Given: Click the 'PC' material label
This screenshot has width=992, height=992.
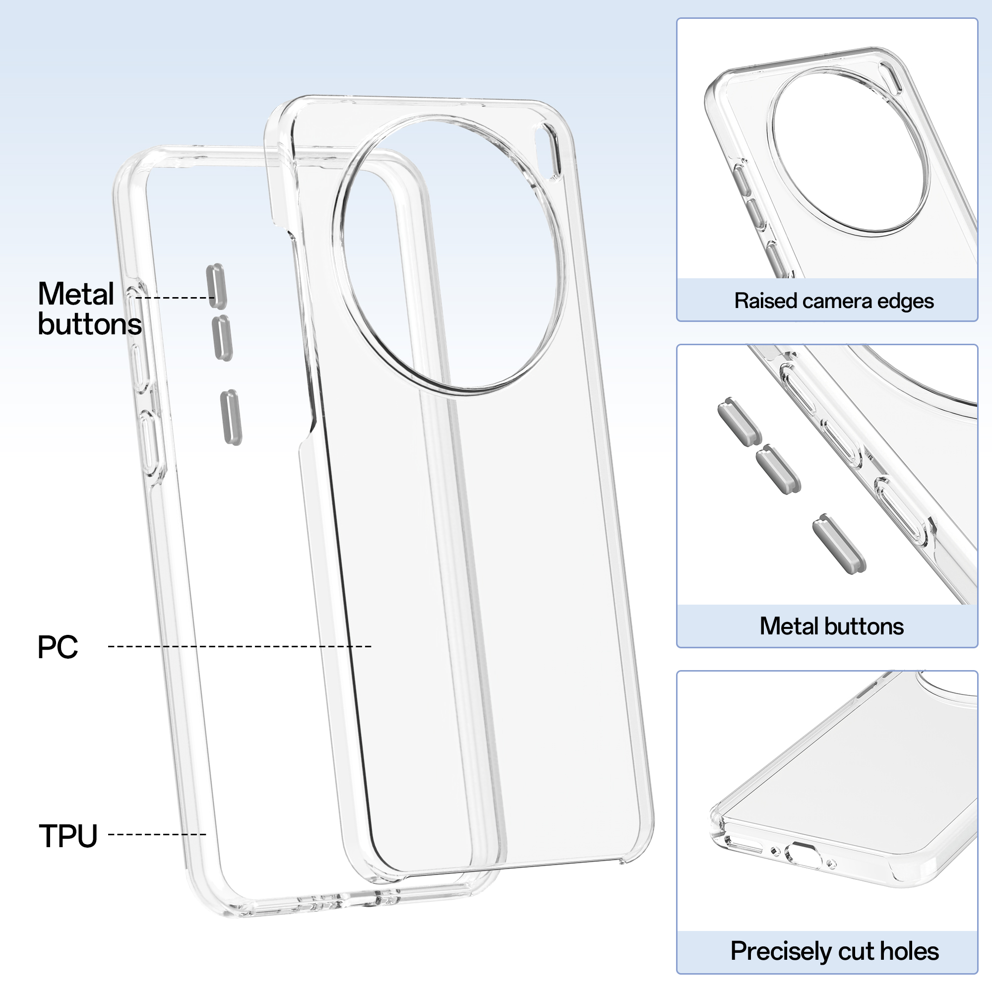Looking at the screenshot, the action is (x=58, y=647).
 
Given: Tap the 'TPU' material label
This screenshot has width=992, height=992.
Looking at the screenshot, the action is (x=68, y=835).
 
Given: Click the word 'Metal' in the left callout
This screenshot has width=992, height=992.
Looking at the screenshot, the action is (x=76, y=294).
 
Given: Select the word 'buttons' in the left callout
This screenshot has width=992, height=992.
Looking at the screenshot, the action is (x=90, y=324).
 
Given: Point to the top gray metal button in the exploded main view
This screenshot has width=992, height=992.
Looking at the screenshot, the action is (x=216, y=287).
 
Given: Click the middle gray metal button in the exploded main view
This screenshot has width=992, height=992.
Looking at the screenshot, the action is (x=222, y=338).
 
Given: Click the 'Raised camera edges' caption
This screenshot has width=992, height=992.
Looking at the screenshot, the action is (x=834, y=301).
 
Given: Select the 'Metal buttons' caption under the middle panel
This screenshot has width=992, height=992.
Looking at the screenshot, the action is (x=832, y=626).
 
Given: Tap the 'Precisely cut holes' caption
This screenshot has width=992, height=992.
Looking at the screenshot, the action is (x=834, y=951).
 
